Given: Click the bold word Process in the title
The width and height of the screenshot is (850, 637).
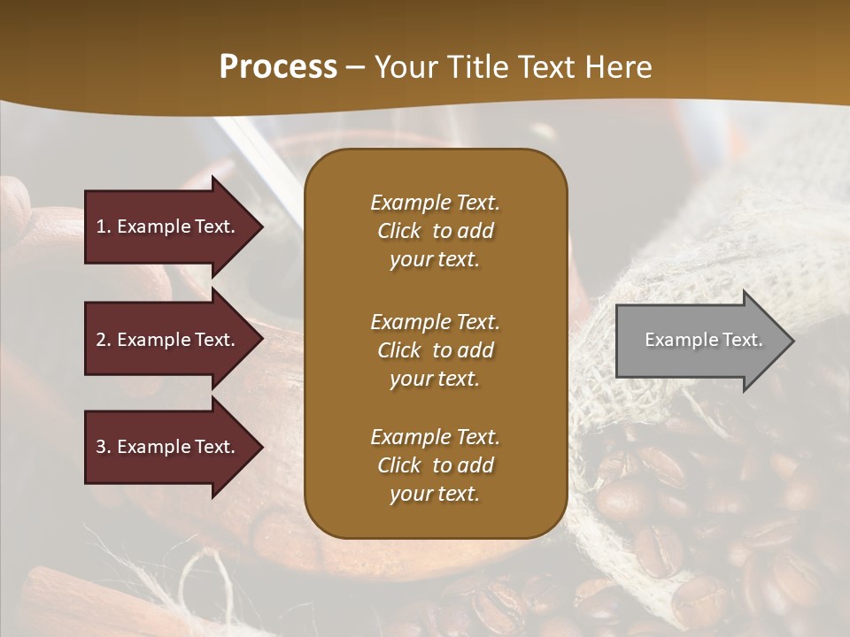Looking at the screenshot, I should tap(278, 67).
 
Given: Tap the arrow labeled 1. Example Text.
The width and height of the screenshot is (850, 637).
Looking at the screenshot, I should tap(168, 226).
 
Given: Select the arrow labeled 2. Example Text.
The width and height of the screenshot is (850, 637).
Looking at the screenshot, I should tap(168, 340).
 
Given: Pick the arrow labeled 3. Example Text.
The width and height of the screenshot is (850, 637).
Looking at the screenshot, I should tap(168, 447).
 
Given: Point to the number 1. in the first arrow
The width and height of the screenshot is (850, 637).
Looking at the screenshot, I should tap(104, 226).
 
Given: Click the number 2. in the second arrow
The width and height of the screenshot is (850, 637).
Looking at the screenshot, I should tap(104, 340).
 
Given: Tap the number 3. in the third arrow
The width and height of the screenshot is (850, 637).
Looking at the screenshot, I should tap(104, 447).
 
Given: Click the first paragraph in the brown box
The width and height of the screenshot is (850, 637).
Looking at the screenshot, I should tap(435, 231).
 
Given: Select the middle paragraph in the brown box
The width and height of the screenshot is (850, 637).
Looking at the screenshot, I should tap(435, 350).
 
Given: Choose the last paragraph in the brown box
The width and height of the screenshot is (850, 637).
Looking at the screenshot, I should tap(435, 465).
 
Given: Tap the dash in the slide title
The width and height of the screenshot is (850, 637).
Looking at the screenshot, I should tap(355, 67).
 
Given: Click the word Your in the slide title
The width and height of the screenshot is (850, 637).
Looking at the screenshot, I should tap(403, 67).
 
